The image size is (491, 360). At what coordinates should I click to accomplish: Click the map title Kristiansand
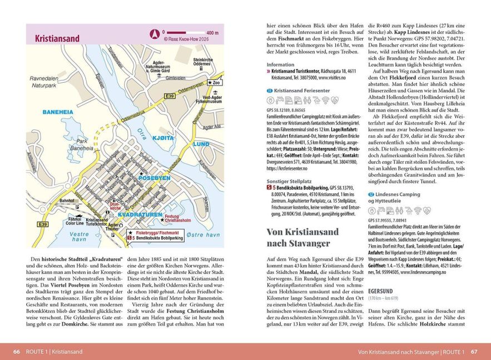point(57,39)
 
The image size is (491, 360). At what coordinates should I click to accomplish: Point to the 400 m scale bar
point(189,33)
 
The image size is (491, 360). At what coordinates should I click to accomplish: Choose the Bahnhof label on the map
point(66,201)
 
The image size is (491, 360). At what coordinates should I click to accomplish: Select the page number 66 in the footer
point(16,352)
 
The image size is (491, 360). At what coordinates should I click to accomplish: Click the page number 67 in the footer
point(474,352)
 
